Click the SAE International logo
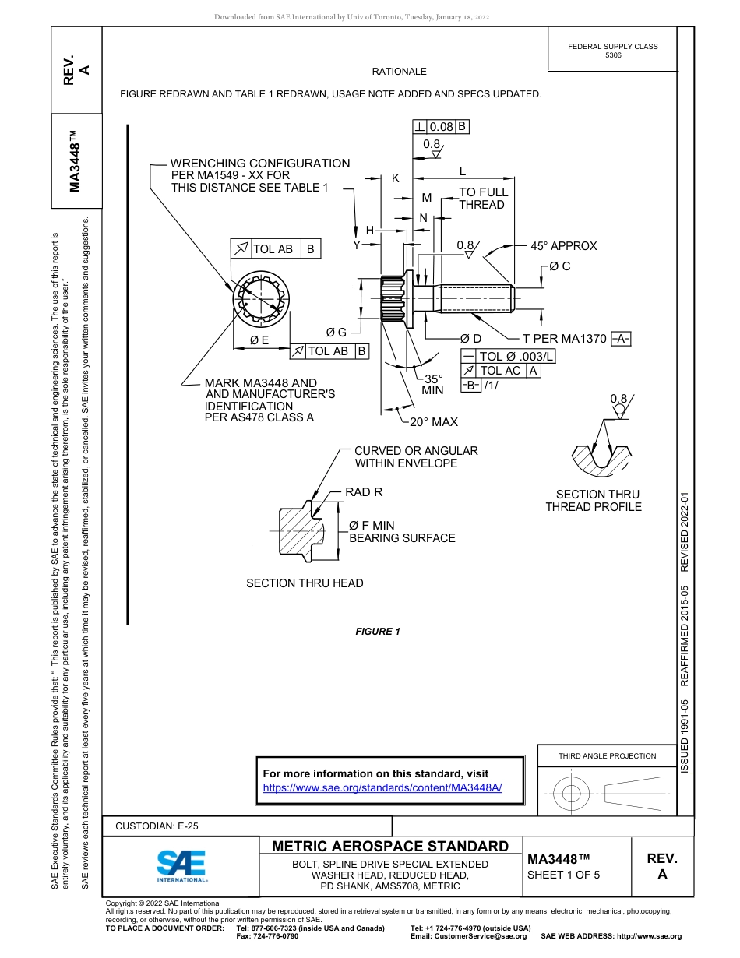(181, 865)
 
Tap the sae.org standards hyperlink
(382, 787)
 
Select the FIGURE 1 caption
(378, 631)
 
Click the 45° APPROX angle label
(563, 246)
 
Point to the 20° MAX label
(434, 421)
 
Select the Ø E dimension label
(259, 340)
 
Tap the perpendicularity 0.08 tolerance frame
(441, 126)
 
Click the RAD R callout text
(364, 492)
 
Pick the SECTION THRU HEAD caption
(305, 583)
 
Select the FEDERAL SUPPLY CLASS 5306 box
(612, 51)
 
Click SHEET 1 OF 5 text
(564, 874)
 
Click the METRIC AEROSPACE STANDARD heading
(390, 847)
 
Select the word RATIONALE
(399, 72)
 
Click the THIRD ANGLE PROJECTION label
(607, 755)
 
